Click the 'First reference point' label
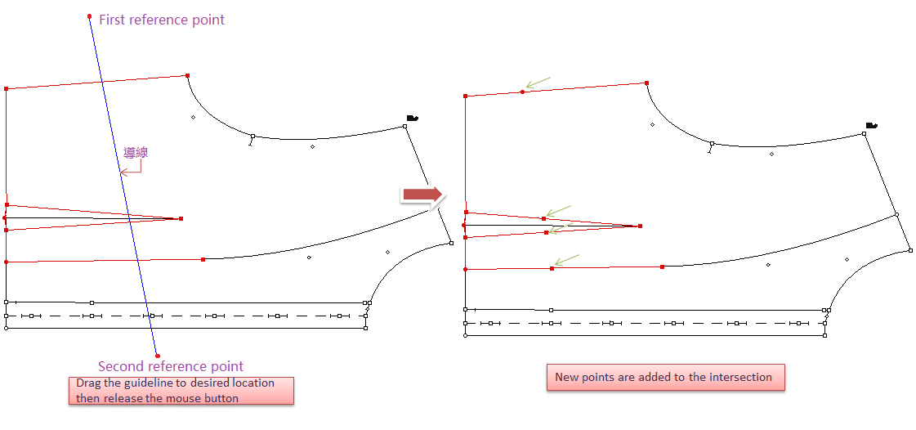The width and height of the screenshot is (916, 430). (162, 20)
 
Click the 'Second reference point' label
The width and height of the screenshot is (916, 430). (171, 367)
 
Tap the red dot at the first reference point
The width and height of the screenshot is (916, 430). (89, 16)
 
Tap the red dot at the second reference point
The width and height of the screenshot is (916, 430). (158, 356)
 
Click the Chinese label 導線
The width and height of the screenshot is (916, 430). (136, 153)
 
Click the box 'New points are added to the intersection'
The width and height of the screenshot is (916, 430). (665, 378)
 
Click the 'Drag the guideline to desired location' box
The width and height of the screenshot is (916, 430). (181, 391)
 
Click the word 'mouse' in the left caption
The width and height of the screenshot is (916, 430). (178, 398)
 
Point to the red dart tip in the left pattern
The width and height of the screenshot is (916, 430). (181, 218)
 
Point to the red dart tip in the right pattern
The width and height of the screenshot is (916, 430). (641, 226)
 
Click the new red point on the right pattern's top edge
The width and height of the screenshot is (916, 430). (522, 92)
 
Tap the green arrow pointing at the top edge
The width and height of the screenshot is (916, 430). (538, 83)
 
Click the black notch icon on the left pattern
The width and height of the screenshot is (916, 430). (412, 118)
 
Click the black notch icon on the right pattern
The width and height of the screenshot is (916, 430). (872, 125)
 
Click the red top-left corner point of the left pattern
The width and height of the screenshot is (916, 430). (6, 89)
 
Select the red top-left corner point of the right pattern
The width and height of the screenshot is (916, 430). (466, 96)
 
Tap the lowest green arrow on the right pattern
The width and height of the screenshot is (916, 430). (566, 260)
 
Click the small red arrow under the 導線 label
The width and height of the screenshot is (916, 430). (131, 169)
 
